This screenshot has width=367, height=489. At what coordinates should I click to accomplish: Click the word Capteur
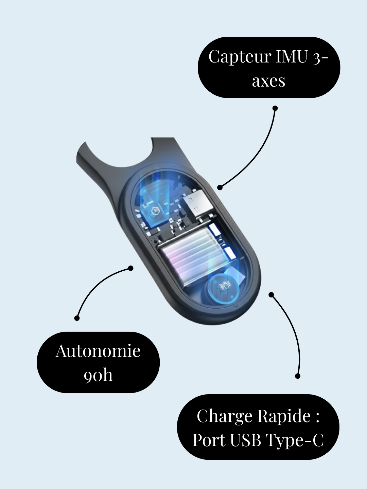pyautogui.click(x=240, y=57)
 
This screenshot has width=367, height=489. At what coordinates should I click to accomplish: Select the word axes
pyautogui.click(x=268, y=81)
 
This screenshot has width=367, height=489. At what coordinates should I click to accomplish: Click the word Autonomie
pyautogui.click(x=98, y=351)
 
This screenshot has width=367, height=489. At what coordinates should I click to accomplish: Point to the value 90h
pyautogui.click(x=98, y=375)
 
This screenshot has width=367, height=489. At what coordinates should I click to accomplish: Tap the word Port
pyautogui.click(x=209, y=440)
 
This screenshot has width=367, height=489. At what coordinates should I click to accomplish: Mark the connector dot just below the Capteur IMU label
pyautogui.click(x=275, y=108)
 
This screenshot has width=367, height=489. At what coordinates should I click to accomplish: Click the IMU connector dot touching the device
pyautogui.click(x=220, y=187)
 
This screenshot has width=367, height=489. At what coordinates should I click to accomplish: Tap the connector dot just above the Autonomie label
pyautogui.click(x=77, y=318)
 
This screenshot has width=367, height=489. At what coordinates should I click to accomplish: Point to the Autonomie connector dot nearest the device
pyautogui.click(x=131, y=268)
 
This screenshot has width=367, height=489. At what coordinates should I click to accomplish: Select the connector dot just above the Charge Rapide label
pyautogui.click(x=298, y=376)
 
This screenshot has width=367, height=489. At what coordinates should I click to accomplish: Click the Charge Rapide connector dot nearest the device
pyautogui.click(x=271, y=294)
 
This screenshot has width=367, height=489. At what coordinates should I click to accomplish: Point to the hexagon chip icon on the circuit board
pyautogui.click(x=154, y=211)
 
